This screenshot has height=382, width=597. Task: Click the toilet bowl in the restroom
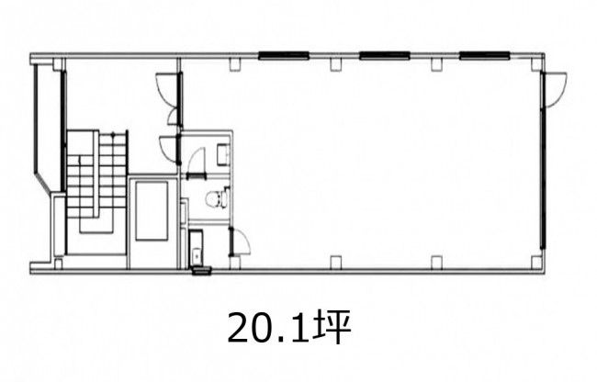pyautogui.click(x=216, y=198)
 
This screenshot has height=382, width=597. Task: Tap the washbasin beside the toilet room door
pyautogui.click(x=223, y=153)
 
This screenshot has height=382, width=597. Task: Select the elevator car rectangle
pyautogui.click(x=152, y=211)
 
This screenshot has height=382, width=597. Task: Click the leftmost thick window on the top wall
pyautogui.click(x=283, y=56)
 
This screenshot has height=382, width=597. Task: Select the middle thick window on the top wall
pyautogui.click(x=385, y=56)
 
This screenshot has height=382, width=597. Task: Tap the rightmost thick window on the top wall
pyautogui.click(x=485, y=56)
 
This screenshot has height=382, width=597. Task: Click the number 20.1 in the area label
pyautogui.click(x=268, y=328)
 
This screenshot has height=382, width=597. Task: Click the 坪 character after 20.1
pyautogui.click(x=332, y=327)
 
